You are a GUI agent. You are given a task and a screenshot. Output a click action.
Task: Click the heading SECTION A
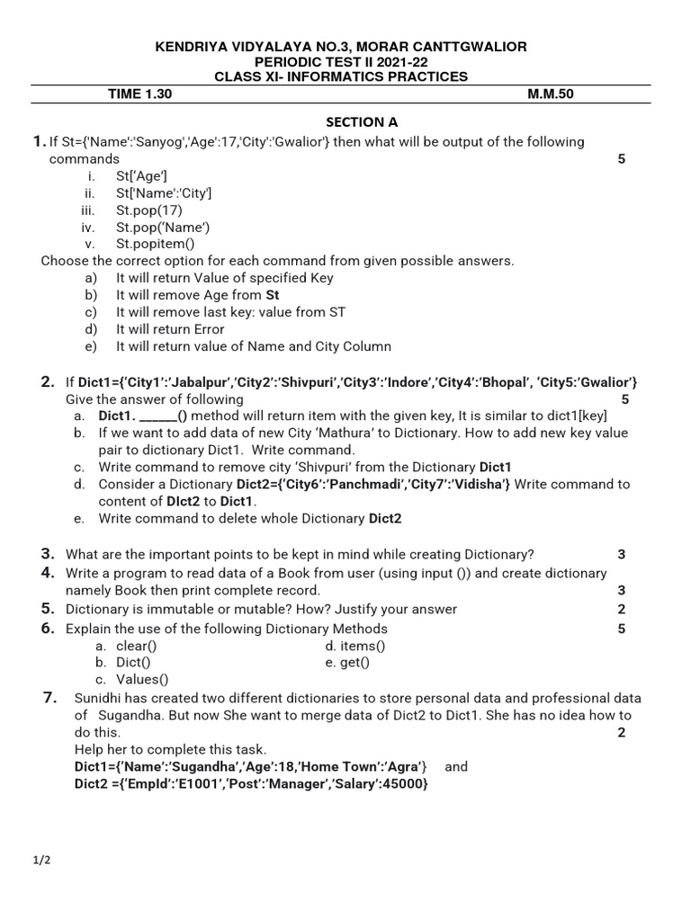coord(362,122)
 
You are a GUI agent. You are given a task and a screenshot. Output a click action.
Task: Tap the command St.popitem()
coord(155,244)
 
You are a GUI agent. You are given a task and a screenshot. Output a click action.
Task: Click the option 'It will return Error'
coord(170,329)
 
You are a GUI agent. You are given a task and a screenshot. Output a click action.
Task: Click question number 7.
coord(50,697)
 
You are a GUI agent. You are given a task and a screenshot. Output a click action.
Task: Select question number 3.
coord(48,554)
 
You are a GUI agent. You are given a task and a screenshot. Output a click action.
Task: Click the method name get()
coord(354,663)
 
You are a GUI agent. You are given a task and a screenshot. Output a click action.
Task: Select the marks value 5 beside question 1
coord(621,159)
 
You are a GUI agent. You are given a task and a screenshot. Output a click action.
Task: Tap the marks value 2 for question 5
coord(621,609)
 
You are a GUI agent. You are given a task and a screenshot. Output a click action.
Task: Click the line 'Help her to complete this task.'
coord(170,749)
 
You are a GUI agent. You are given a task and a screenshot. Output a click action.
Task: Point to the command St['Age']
coord(141,176)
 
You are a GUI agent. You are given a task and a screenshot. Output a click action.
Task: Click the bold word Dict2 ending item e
coord(385,518)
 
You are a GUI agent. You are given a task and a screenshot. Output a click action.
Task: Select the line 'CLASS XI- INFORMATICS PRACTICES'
coord(341,76)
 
